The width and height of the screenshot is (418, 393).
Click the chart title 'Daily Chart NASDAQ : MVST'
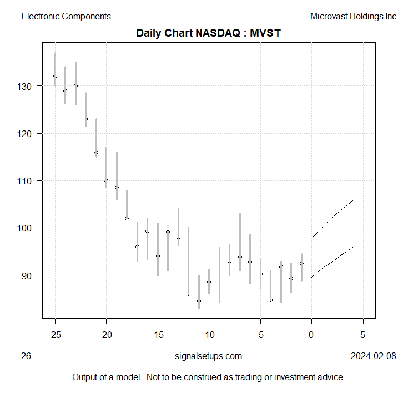click(209, 33)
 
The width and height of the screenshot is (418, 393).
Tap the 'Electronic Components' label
click(66, 17)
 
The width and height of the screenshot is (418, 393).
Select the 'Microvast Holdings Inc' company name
click(353, 17)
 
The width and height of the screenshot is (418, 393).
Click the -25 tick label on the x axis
click(55, 335)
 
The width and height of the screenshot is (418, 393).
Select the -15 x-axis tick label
click(158, 335)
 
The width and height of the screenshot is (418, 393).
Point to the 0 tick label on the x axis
click(311, 335)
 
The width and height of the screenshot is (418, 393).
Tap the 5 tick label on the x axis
click(363, 335)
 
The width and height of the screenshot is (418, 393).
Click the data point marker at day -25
click(55, 77)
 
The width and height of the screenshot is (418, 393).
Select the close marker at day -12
click(189, 294)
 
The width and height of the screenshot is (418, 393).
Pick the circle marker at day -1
click(301, 263)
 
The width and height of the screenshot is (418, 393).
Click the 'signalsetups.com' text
click(208, 356)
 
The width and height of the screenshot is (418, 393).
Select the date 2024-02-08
click(374, 356)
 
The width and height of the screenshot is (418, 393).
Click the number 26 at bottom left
click(26, 356)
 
